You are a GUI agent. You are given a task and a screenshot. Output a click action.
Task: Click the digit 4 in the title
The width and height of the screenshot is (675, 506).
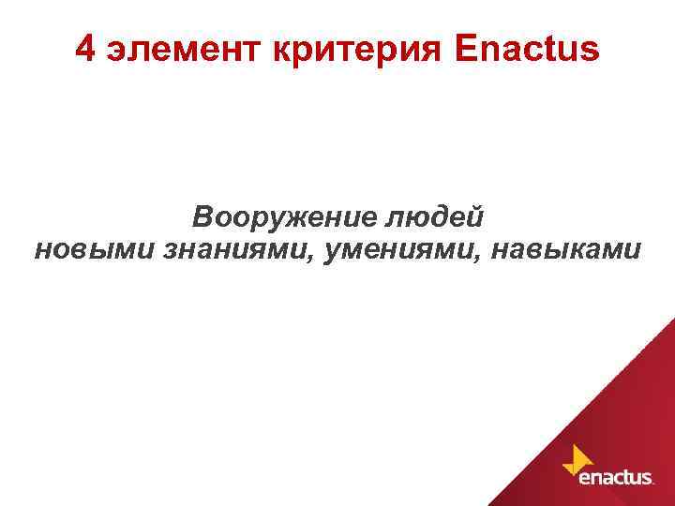85,50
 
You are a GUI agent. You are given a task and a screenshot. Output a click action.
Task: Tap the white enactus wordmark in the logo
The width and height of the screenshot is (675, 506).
615,479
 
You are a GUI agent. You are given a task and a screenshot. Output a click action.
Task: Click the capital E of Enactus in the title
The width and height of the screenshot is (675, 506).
466,50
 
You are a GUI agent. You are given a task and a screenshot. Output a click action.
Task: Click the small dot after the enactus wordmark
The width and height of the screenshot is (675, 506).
653,484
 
